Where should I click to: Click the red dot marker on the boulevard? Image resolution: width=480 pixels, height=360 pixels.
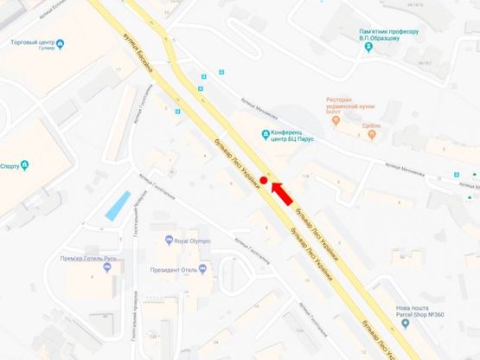263,180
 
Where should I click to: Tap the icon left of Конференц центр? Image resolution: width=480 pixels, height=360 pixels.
265,133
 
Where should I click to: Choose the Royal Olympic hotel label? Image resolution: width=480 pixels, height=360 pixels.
192,241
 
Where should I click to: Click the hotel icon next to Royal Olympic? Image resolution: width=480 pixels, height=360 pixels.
169,241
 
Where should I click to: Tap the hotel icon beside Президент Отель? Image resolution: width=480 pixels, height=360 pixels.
202,268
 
